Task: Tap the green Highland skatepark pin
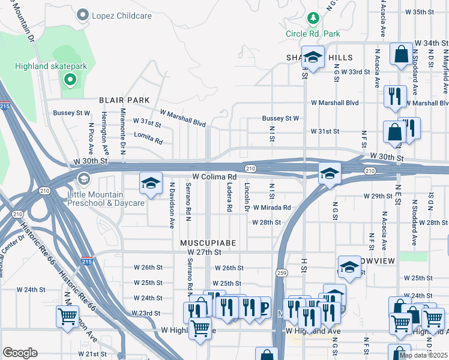coord(70,79)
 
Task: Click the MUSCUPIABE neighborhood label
coord(208,242)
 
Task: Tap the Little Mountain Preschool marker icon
coord(82,179)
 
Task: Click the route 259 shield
coord(282,272)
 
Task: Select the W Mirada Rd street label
coord(271,208)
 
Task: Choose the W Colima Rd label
coord(214,177)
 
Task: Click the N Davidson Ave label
coord(172,205)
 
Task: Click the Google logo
coord(20,353)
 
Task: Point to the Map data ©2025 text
coord(423,355)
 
